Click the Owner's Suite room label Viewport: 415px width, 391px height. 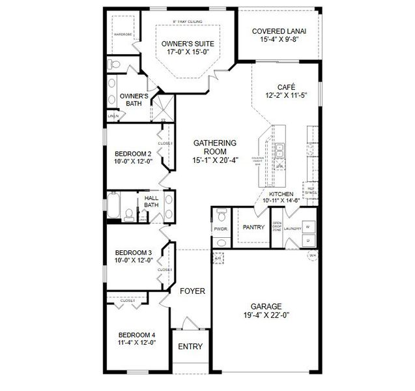[188, 44]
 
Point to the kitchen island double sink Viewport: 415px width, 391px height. [281, 151]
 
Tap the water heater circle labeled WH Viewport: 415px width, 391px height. [312, 255]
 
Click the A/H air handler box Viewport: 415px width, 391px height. [218, 258]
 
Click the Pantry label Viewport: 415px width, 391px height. [252, 227]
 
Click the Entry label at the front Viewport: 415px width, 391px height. [190, 347]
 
